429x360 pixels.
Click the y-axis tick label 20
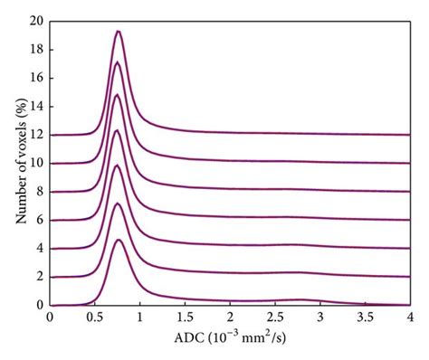coord(36,21)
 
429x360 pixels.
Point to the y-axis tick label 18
coord(36,50)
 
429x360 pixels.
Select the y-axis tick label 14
coord(36,107)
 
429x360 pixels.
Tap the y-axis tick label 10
coord(36,164)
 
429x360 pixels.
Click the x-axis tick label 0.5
coord(94,318)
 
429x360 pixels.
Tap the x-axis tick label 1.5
coord(185,318)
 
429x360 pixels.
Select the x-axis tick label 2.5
coord(275,318)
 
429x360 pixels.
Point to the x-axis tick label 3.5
coord(365,318)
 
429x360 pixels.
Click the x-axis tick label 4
coord(410,318)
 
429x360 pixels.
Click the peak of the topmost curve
coord(118,32)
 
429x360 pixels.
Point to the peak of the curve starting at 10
coord(117,95)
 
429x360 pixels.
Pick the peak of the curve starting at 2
coord(118,204)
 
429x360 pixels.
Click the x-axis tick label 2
coord(230,318)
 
